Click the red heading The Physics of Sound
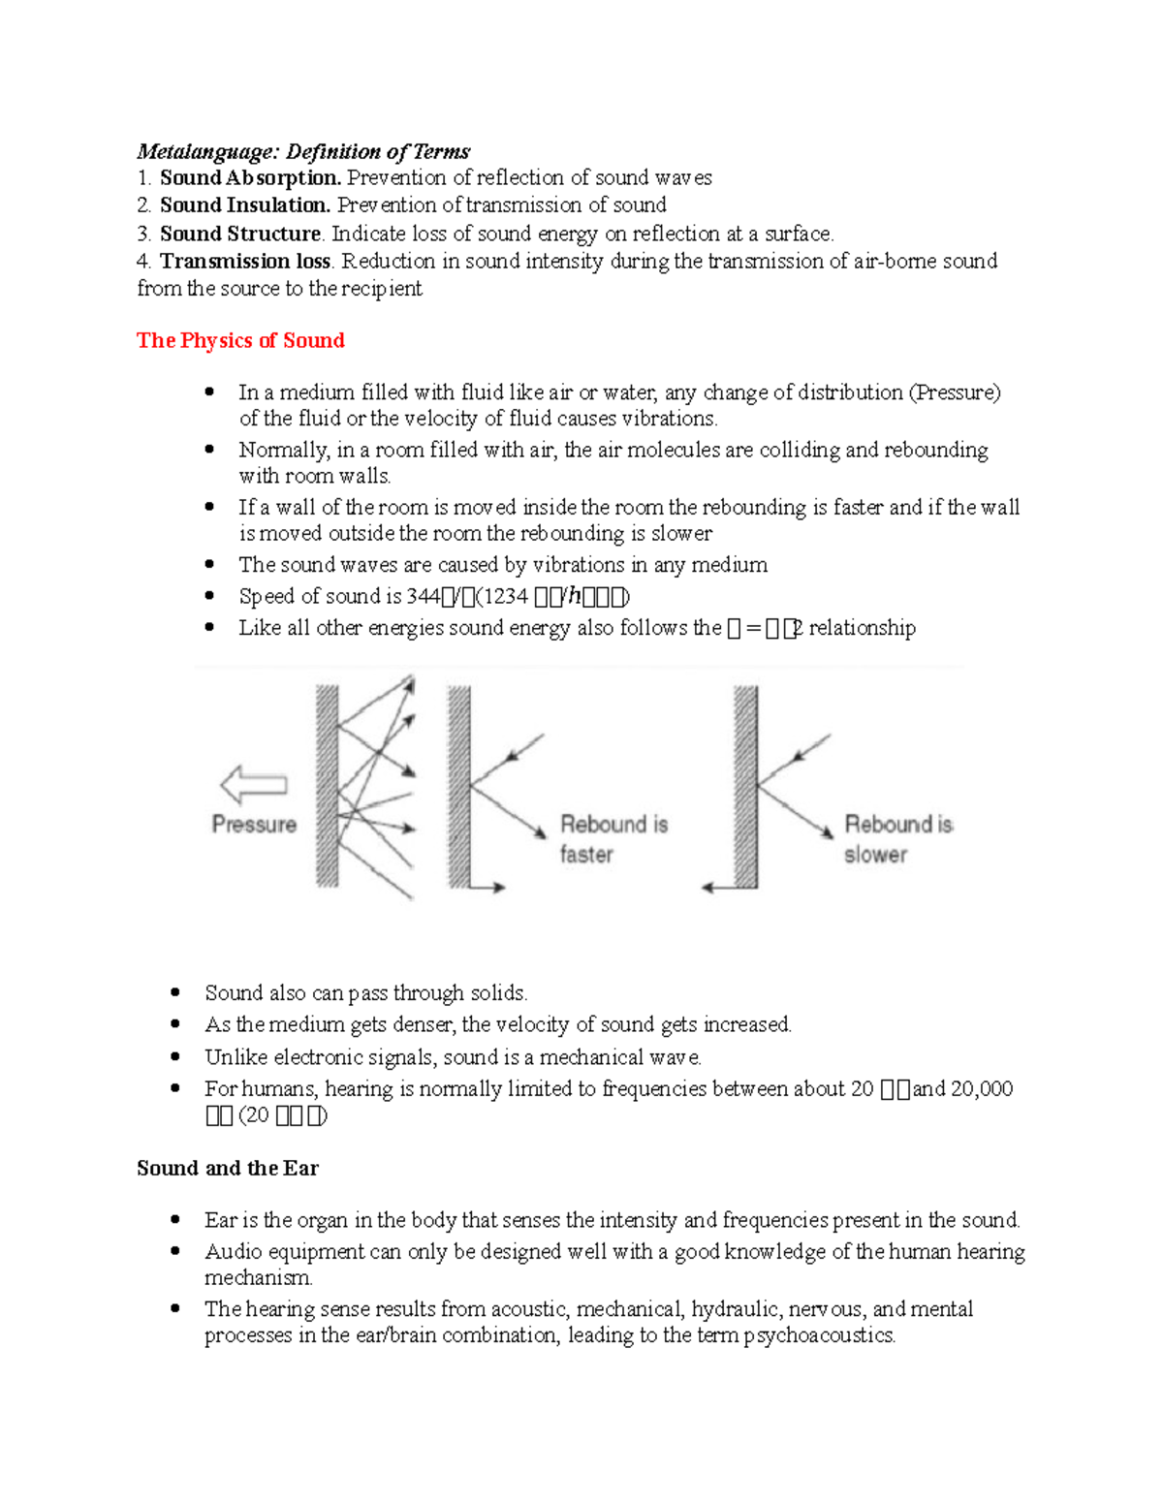pos(240,340)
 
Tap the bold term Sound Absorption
pos(250,177)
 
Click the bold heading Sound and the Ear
pos(228,1168)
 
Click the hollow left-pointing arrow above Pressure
pos(253,785)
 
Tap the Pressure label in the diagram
pos(254,825)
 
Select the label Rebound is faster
pos(613,838)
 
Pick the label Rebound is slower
pos(897,838)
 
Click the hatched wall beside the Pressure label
pos(328,785)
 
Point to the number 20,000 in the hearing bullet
pos(981,1089)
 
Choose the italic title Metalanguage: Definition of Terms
pos(303,151)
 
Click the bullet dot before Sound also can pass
pos(175,992)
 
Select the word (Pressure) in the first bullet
pos(954,392)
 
